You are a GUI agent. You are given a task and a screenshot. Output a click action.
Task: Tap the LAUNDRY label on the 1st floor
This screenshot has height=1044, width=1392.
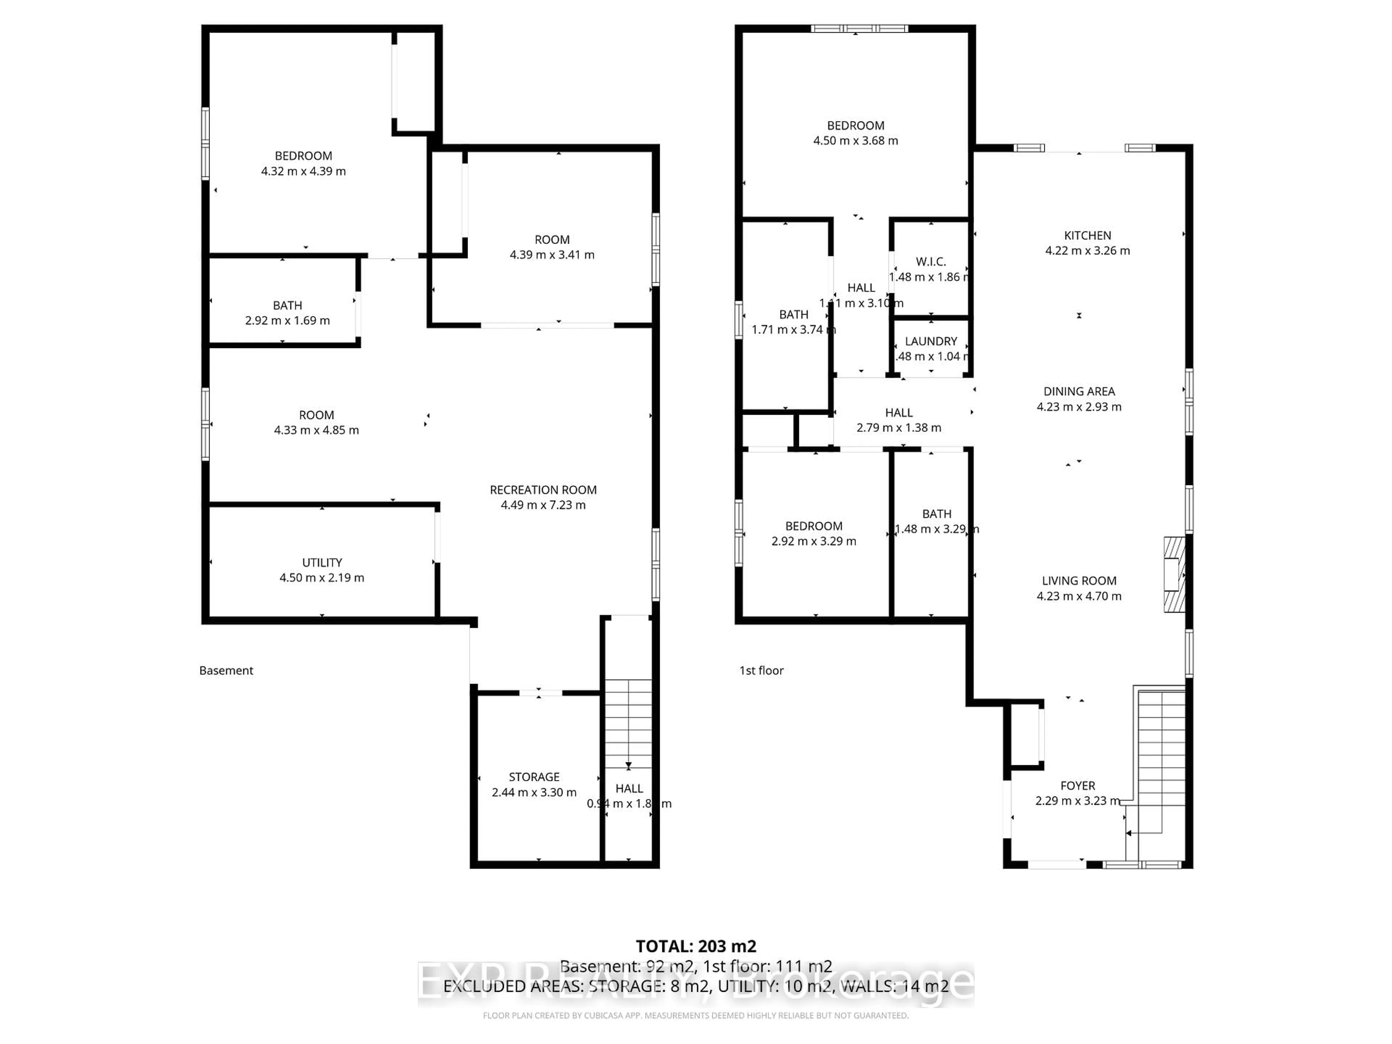pos(931,341)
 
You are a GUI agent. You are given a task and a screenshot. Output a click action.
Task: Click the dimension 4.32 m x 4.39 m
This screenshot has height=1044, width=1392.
pos(303,171)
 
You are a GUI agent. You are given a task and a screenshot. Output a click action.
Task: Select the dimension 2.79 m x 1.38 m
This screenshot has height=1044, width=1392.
pos(899,428)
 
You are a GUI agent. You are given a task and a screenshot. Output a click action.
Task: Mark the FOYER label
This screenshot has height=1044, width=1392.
pos(1077,786)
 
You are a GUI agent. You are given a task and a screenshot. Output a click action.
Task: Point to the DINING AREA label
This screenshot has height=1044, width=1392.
pos(1078,391)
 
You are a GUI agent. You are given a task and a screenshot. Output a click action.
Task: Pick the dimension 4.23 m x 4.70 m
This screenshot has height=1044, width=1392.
pos(1078,596)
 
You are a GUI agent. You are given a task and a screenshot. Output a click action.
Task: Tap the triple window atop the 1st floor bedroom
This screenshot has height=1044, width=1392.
pos(859,28)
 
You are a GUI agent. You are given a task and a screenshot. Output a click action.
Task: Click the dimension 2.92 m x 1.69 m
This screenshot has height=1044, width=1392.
pos(287,320)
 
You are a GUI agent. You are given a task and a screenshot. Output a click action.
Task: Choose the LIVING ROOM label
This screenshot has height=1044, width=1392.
pos(1078,581)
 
